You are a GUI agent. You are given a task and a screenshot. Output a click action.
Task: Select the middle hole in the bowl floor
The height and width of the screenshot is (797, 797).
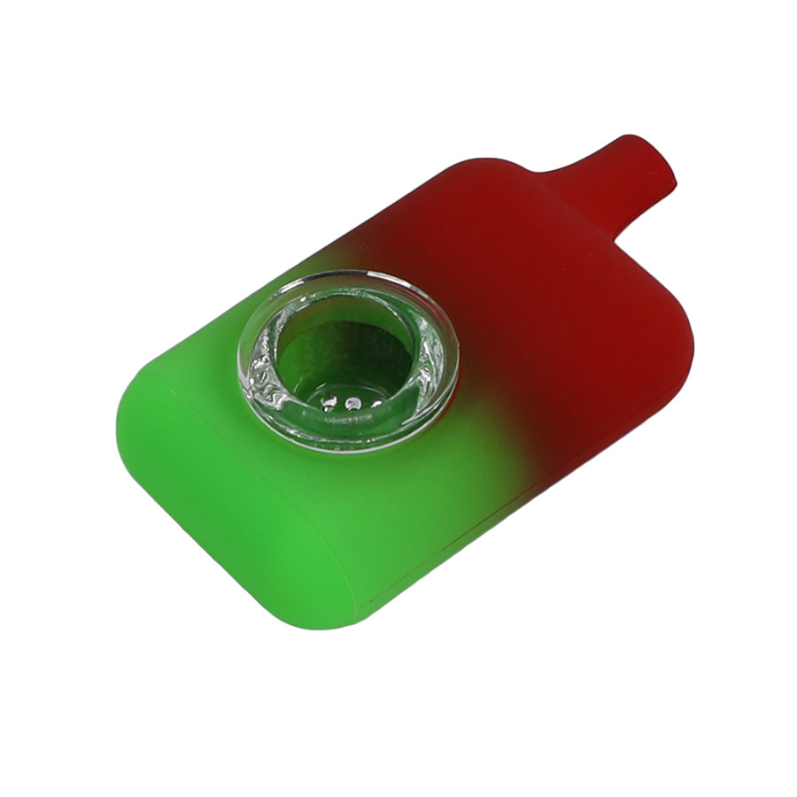(x=352, y=405)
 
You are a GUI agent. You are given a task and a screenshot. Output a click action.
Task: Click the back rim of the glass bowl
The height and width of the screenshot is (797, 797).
(x=354, y=287)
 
